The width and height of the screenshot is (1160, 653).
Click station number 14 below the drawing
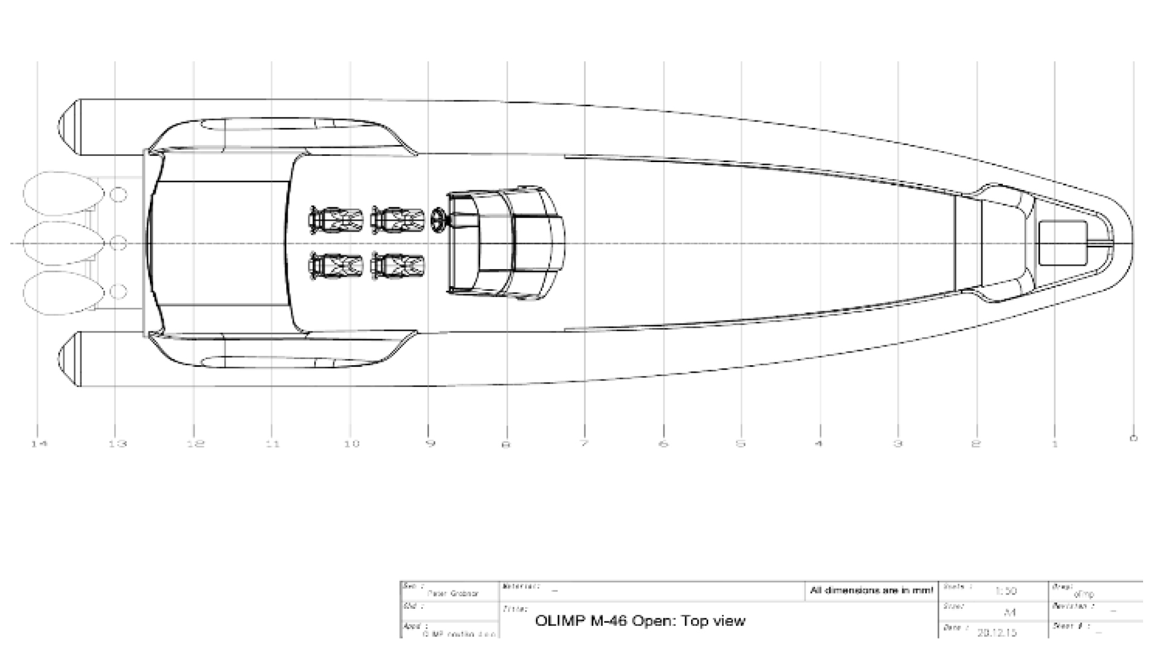tap(39, 444)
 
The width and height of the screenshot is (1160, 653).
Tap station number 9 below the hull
tap(430, 443)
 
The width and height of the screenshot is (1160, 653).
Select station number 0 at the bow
tap(1133, 438)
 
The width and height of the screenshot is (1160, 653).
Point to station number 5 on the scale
tap(741, 443)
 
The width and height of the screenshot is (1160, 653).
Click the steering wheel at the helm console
tap(439, 219)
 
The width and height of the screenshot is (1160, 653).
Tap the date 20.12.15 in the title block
tap(997, 632)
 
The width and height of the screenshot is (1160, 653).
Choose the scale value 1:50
tap(1006, 591)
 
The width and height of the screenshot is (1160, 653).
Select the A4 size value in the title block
tap(1009, 612)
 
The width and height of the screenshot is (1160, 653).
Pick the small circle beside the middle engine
tap(119, 244)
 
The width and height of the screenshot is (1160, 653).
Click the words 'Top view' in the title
tap(718, 621)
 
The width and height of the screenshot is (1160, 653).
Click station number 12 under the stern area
tap(196, 444)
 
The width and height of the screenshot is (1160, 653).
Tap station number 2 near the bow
tap(976, 444)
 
